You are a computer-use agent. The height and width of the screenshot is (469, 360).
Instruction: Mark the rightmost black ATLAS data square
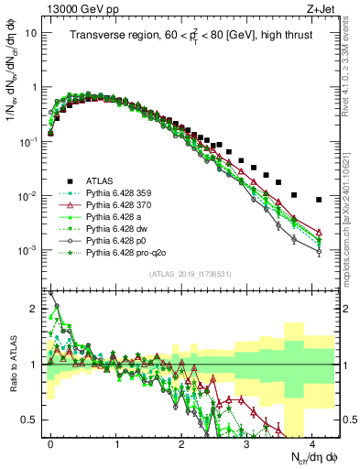tap(319, 200)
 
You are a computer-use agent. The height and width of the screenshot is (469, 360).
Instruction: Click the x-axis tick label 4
tap(313, 442)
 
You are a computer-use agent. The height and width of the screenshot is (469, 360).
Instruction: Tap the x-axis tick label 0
tap(50, 442)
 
